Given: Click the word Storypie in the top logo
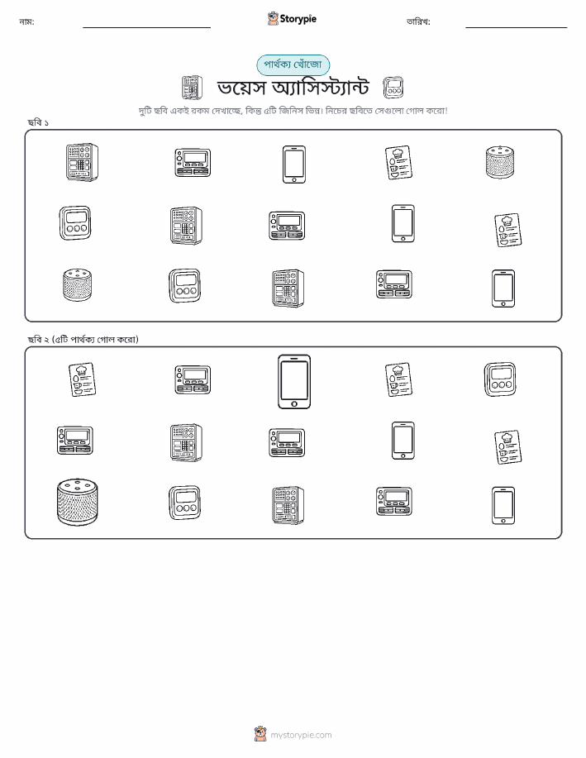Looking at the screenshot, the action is (x=298, y=19).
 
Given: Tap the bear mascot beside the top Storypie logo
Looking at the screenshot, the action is (x=273, y=18).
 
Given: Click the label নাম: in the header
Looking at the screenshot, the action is (x=26, y=21).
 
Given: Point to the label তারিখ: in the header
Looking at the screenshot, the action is (x=418, y=21).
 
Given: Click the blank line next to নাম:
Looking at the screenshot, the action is (x=146, y=27).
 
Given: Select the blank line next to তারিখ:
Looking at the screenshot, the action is (x=516, y=27).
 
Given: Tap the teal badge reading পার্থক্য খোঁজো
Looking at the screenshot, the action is (x=293, y=64).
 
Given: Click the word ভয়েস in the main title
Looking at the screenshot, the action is (x=241, y=88).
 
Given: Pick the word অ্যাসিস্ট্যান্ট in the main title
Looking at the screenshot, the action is (x=321, y=88).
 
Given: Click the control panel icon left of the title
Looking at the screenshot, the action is (x=192, y=88).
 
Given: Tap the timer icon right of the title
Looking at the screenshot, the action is (x=393, y=88).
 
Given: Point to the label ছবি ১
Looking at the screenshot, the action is (x=38, y=122).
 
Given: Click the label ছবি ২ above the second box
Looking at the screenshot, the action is (x=38, y=340).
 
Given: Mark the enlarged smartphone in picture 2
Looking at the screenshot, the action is (x=294, y=382).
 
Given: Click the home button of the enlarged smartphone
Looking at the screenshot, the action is (x=294, y=403).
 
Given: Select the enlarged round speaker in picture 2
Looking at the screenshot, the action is (x=78, y=502).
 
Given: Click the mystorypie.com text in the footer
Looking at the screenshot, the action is (x=301, y=735).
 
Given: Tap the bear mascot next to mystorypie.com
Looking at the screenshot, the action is (x=260, y=734).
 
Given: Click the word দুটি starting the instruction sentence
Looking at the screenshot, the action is (x=145, y=112).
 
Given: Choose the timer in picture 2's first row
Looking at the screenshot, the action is (x=500, y=379).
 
